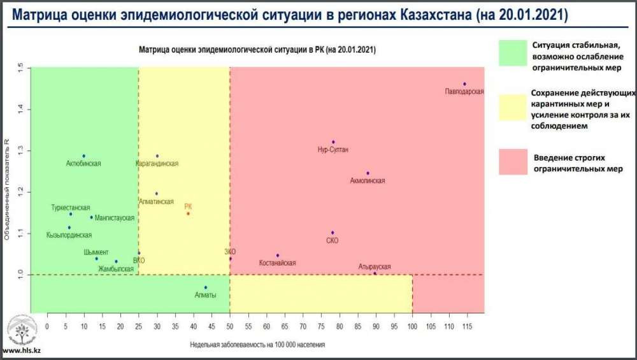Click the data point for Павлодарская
pyautogui.click(x=465, y=84)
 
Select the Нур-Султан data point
pyautogui.click(x=333, y=142)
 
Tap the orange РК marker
pyautogui.click(x=188, y=213)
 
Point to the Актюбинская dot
pyautogui.click(x=83, y=156)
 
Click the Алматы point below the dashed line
pyautogui.click(x=205, y=287)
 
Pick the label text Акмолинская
pyautogui.click(x=368, y=181)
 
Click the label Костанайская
pyautogui.click(x=278, y=263)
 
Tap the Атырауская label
pyautogui.click(x=375, y=266)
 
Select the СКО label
pyautogui.click(x=332, y=241)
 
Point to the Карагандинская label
pyautogui.click(x=157, y=164)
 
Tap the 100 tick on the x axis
pyautogui.click(x=412, y=326)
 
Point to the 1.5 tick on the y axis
pyautogui.click(x=20, y=68)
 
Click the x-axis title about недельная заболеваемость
pyautogui.click(x=257, y=345)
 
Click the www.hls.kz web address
pyautogui.click(x=22, y=351)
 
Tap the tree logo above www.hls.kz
pyautogui.click(x=22, y=330)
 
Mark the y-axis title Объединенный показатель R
pyautogui.click(x=7, y=191)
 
